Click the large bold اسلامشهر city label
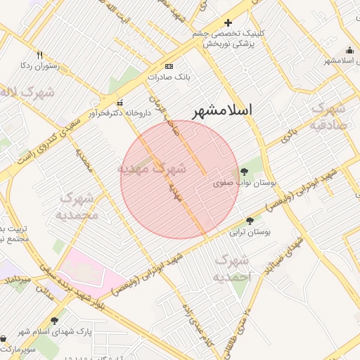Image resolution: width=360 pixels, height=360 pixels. (x=222, y=110)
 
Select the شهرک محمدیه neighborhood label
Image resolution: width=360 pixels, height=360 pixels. (x=78, y=205)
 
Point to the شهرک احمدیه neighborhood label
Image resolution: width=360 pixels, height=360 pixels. (x=231, y=269)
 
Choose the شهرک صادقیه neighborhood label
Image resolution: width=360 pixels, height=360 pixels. (x=328, y=117)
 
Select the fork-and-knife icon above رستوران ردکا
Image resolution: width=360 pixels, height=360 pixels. (x=39, y=55)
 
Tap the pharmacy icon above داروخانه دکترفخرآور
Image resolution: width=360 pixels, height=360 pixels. (x=120, y=102)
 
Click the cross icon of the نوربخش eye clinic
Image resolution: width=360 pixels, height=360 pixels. (x=228, y=22)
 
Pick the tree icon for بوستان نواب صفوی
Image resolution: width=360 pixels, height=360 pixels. (x=244, y=172)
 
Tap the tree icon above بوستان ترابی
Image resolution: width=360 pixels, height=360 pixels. (x=250, y=221)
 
